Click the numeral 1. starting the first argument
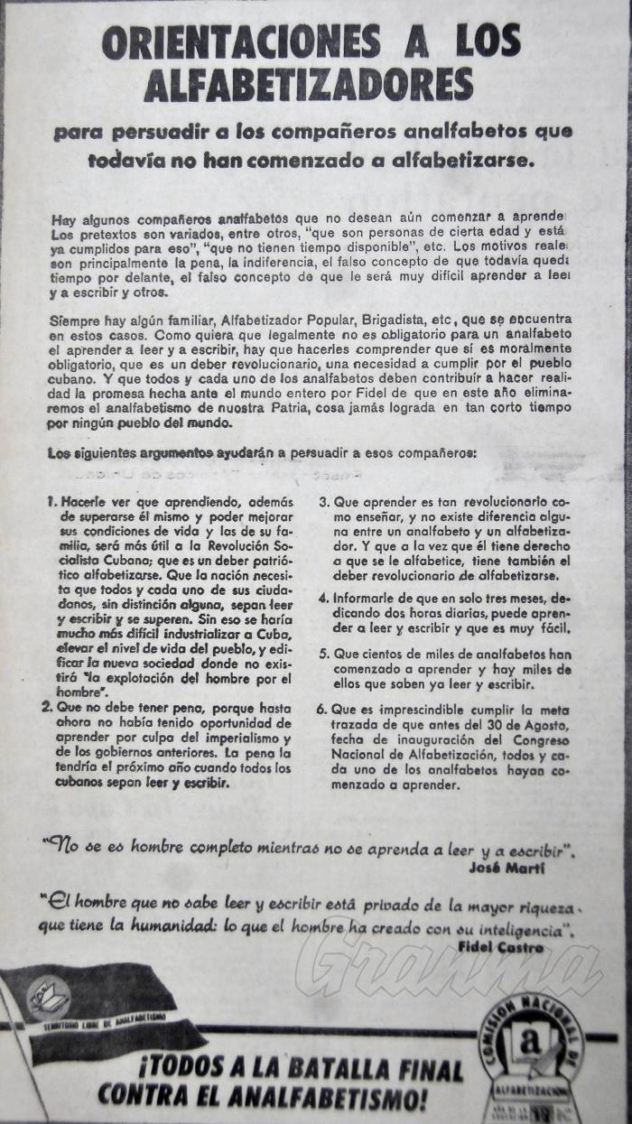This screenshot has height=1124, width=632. pos(53,499)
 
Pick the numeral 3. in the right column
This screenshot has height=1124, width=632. pos(323,499)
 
